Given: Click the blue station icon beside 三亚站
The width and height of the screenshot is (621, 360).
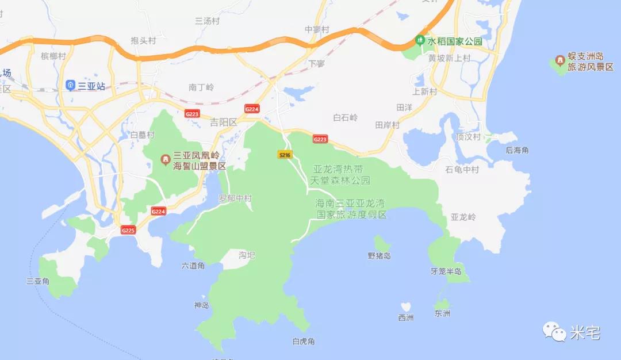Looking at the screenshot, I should (71, 86).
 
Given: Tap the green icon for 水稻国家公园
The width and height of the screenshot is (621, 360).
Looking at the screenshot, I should (420, 41).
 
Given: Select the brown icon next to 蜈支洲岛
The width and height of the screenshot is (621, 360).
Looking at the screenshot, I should (559, 60).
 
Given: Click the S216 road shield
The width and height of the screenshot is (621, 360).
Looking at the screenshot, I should (285, 155).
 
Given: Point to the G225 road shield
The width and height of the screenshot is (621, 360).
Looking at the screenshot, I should (128, 230).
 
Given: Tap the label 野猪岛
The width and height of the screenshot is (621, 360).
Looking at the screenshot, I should (379, 255).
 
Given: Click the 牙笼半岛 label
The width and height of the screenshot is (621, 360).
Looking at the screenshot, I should (446, 271).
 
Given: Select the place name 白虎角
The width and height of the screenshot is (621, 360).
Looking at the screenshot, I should (304, 341).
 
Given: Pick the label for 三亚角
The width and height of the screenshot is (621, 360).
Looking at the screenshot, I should (38, 281).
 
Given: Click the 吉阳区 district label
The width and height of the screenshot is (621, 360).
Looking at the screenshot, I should (223, 122).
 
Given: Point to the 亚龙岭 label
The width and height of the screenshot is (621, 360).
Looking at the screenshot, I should (463, 217).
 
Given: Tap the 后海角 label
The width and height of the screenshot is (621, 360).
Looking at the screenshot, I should (517, 150).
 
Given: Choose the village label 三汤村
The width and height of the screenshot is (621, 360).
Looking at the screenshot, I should (208, 21).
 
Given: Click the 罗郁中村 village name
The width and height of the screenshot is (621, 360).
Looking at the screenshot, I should (235, 198).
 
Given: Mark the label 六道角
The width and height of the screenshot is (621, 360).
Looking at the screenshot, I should (193, 266).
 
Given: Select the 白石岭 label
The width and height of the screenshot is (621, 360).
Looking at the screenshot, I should (346, 117).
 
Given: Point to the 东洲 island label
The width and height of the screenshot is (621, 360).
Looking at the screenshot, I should (443, 313).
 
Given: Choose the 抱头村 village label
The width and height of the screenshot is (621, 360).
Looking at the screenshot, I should (143, 40).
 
